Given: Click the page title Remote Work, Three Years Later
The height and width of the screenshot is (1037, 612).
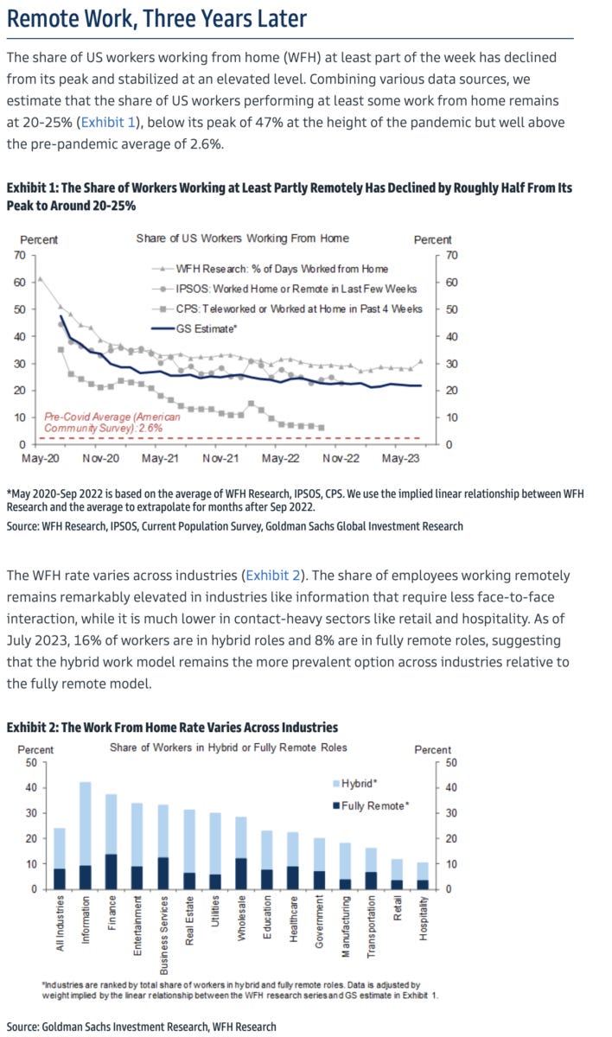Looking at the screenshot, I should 156,19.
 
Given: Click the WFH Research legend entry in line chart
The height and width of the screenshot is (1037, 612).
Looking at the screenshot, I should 281,269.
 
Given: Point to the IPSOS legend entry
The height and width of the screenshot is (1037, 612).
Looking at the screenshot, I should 295,289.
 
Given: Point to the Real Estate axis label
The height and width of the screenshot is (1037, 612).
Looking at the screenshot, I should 189,923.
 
